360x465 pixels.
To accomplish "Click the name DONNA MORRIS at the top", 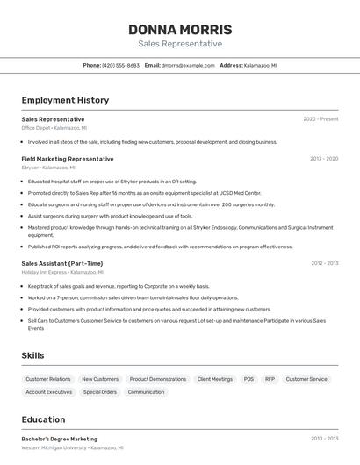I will point(180,29).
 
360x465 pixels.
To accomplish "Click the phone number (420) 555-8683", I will point(120,65).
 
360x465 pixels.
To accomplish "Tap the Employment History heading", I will point(65,100).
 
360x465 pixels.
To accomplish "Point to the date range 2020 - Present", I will point(320,119).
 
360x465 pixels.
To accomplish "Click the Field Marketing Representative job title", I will point(68,159).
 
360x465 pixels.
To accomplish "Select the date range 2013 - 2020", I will point(324,159).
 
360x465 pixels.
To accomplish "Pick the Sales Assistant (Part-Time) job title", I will point(62,263).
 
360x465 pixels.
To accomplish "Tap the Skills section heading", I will point(33,355).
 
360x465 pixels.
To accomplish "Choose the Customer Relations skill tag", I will point(48,379).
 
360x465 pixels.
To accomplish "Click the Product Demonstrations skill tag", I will point(158,379).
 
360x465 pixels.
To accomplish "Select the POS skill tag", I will point(248,379).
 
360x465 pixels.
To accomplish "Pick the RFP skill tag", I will point(270,379).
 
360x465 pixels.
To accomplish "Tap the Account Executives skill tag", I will point(49,392).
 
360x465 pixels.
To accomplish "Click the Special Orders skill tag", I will point(100,392).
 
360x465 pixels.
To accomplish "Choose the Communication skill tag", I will point(146,392).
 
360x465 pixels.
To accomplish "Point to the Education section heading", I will point(43,419).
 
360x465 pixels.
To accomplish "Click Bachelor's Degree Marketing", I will point(60,439).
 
